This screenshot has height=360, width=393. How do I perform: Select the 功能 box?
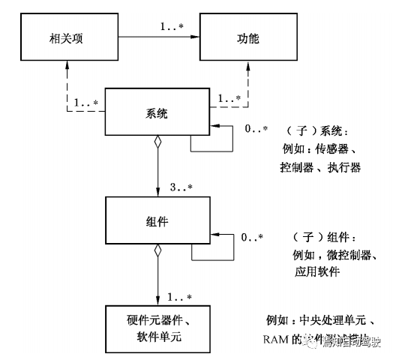248,36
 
